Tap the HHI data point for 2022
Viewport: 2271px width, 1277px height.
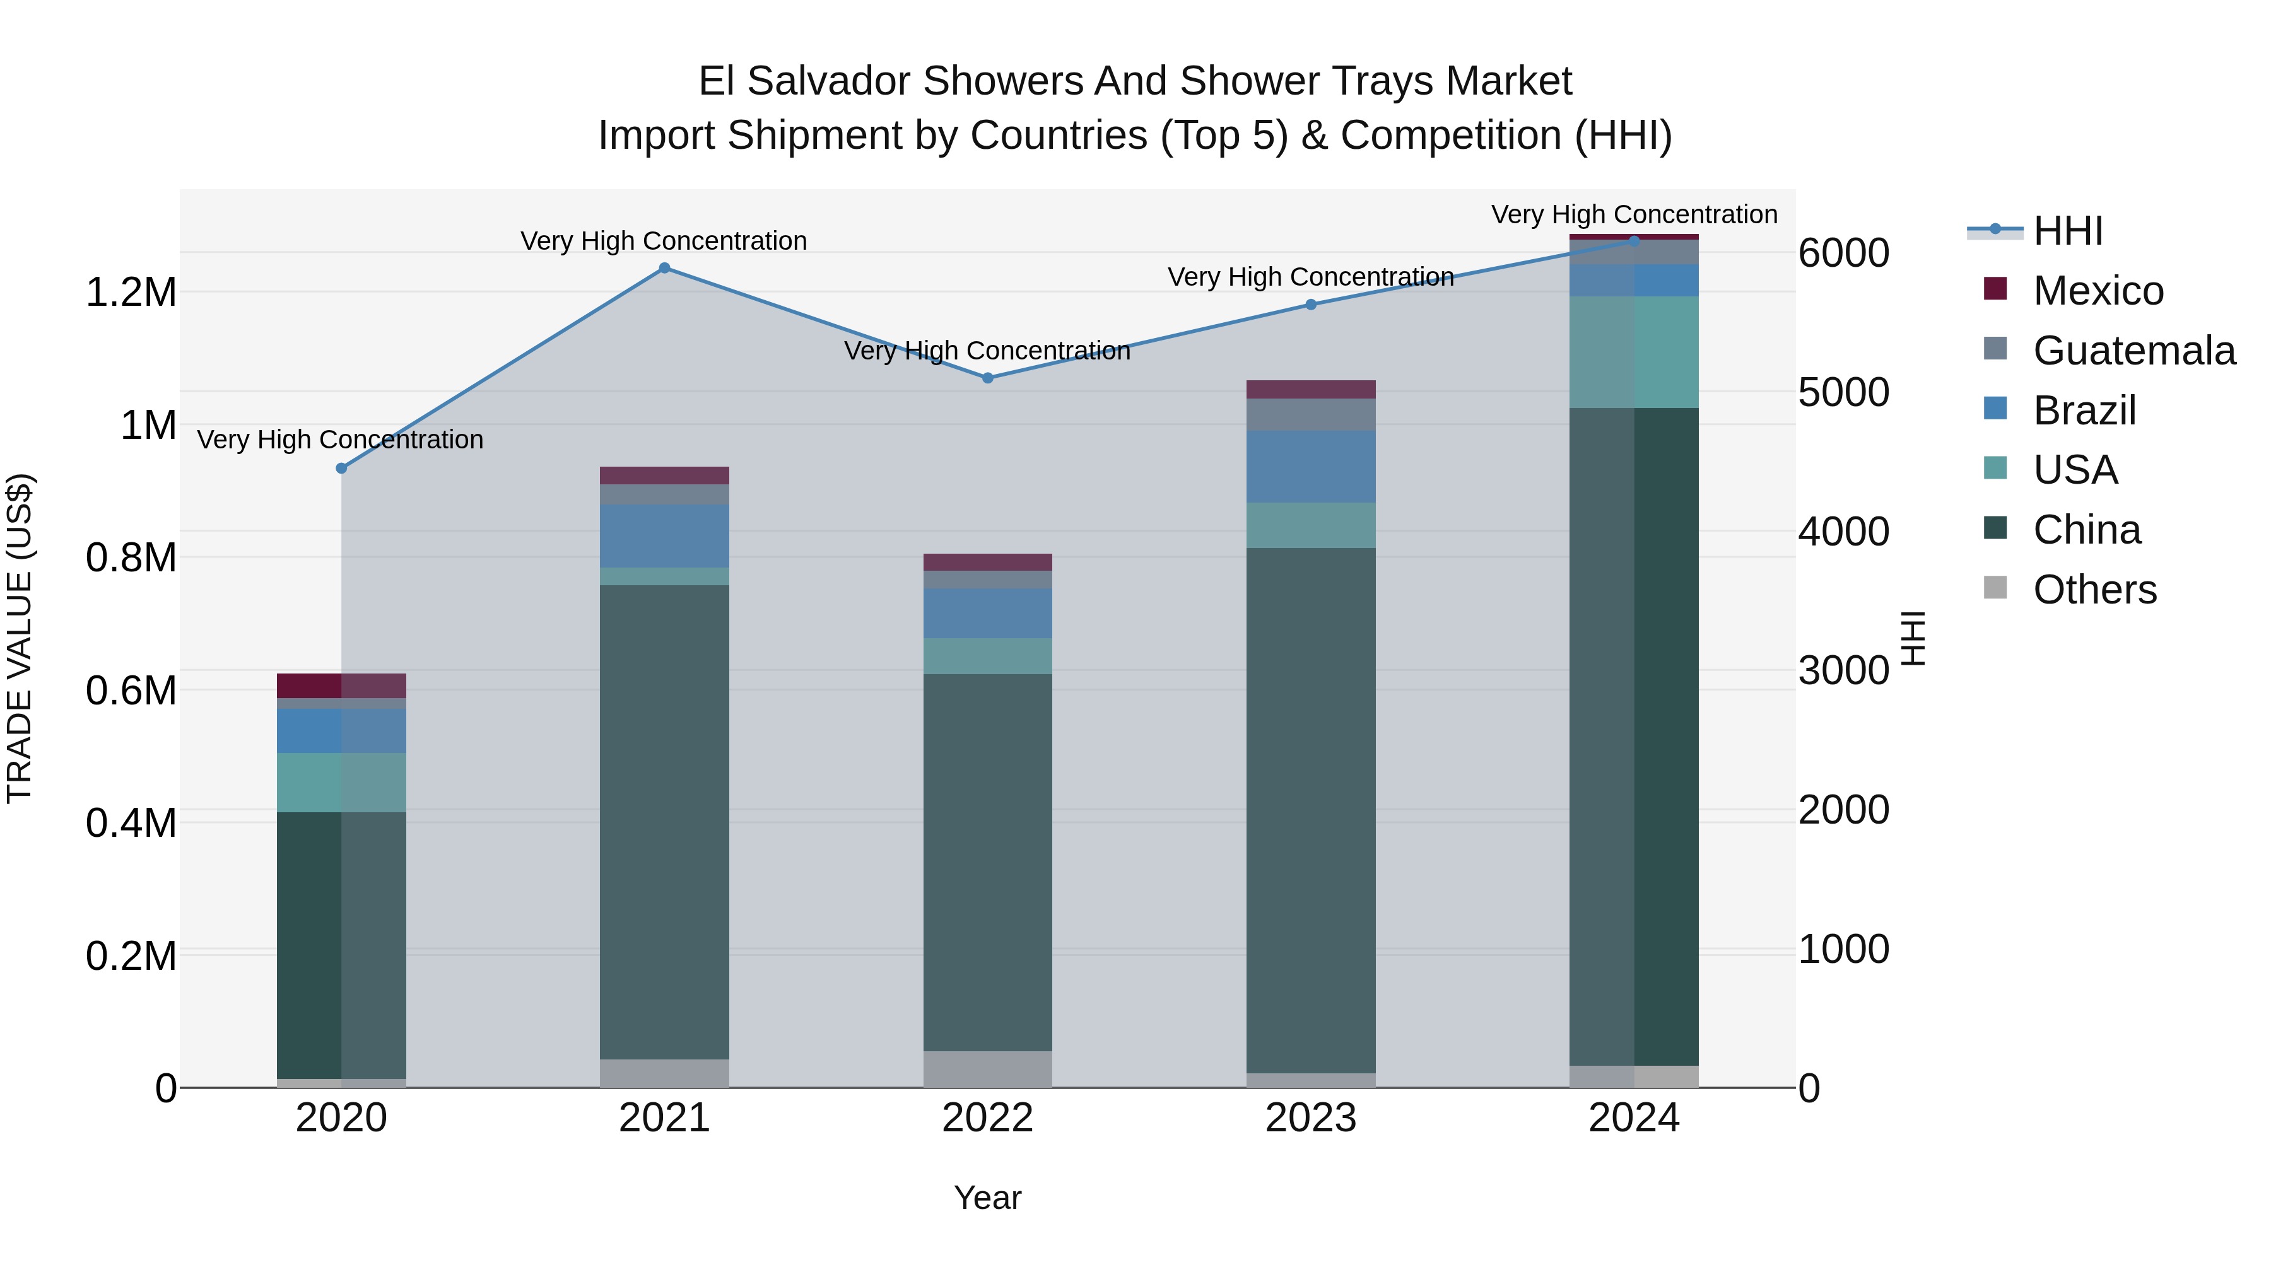coord(987,378)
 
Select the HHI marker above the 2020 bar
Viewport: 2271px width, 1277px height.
coord(341,468)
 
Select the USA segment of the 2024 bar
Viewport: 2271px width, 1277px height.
coord(1634,352)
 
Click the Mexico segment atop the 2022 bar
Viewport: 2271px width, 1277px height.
coord(987,563)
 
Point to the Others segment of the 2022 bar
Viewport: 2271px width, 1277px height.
coord(987,1068)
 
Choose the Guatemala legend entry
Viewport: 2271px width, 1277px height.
coord(2133,351)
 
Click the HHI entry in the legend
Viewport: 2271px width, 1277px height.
coord(2067,231)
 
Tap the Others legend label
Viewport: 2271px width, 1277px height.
coord(2094,590)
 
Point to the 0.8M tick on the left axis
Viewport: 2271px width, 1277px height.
coord(131,558)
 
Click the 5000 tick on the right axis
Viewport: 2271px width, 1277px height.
coord(1843,392)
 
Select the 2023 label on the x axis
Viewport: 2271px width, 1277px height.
coord(1310,1118)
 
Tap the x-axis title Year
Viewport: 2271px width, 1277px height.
coord(987,1198)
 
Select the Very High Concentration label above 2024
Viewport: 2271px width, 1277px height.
coord(1634,214)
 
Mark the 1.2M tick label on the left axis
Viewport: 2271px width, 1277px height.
coord(131,293)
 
